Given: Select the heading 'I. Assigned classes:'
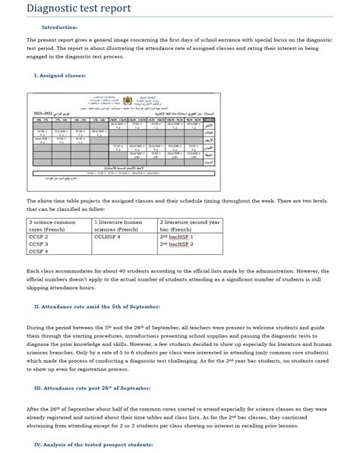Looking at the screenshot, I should coord(61,75).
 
